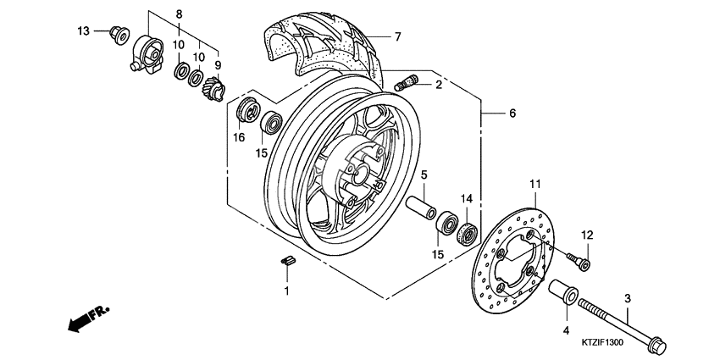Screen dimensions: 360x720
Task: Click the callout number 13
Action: tap(83, 31)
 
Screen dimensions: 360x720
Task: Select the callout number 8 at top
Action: tap(179, 14)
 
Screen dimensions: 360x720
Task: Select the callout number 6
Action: tap(512, 114)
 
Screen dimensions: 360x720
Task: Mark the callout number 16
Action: tap(239, 137)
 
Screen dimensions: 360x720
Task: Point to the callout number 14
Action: tap(465, 199)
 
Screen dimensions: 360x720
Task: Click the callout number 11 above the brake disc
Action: tap(534, 184)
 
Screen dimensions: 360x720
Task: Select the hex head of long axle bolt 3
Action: tap(656, 347)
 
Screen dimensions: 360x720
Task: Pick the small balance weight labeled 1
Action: tap(286, 261)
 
